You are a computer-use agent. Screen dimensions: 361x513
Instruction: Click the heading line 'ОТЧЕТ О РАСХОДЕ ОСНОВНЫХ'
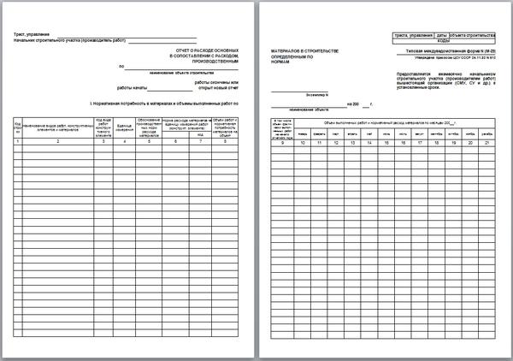pyautogui.click(x=210, y=49)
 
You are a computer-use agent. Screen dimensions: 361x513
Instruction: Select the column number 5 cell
pyautogui.click(x=147, y=141)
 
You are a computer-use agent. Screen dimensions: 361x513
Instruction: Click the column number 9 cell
pyautogui.click(x=281, y=142)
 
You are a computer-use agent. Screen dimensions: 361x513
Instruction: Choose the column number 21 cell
pyautogui.click(x=486, y=142)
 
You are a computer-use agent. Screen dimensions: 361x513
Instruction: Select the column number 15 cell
pyautogui.click(x=384, y=142)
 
